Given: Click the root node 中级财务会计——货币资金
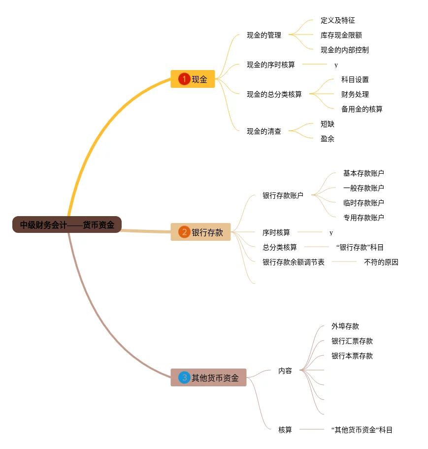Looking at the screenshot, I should pos(67,225).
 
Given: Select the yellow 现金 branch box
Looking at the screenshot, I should pos(193,79).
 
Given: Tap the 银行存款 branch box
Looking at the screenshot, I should pos(200,232).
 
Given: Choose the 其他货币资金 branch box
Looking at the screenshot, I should pos(208,378).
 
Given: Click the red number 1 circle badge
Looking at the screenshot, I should pos(184,79).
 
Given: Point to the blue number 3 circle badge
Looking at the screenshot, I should pos(184,378).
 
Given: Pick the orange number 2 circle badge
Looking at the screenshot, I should pos(184,232).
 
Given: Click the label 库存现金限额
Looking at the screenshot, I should pos(341,35).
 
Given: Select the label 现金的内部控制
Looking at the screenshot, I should pos(344,50).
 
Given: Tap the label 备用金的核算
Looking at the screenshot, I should pos(362,109).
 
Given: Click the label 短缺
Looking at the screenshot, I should pos(327,124).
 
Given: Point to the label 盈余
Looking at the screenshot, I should pos(327,139).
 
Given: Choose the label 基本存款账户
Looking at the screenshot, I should pos(363,173).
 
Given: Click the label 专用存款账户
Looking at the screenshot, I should pos(363,218).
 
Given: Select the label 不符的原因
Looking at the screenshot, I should pos(381,262).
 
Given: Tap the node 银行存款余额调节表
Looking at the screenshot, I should pos(293,262).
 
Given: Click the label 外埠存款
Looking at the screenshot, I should pos(345,326).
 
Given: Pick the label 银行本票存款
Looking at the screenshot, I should pos(352,356).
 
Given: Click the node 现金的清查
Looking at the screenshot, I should pos(264,131).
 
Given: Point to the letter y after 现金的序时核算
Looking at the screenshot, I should pos(336,65).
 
